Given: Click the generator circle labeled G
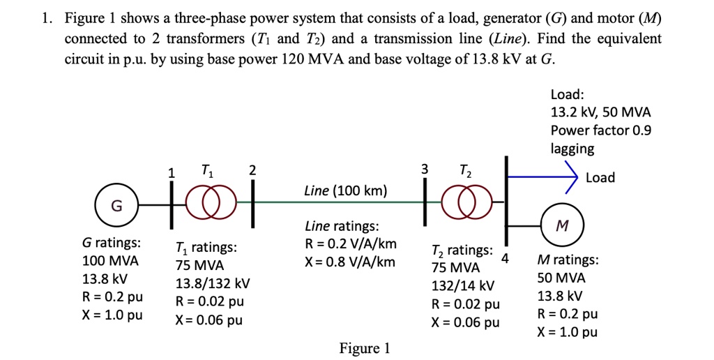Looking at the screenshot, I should point(116,206).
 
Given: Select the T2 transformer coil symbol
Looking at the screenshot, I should point(460,202).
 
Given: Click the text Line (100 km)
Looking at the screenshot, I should point(345,190).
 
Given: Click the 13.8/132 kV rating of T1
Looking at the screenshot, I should point(213,284).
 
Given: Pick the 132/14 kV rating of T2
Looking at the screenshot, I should point(464,286).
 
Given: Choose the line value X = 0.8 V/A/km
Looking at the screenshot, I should point(351,262).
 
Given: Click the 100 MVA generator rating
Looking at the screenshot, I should point(110,261).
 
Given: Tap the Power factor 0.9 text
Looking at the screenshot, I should point(600,130).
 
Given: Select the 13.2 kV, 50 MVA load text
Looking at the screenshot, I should point(600,112).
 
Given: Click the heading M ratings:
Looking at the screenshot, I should point(567,260).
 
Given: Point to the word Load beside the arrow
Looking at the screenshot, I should point(600,177).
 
